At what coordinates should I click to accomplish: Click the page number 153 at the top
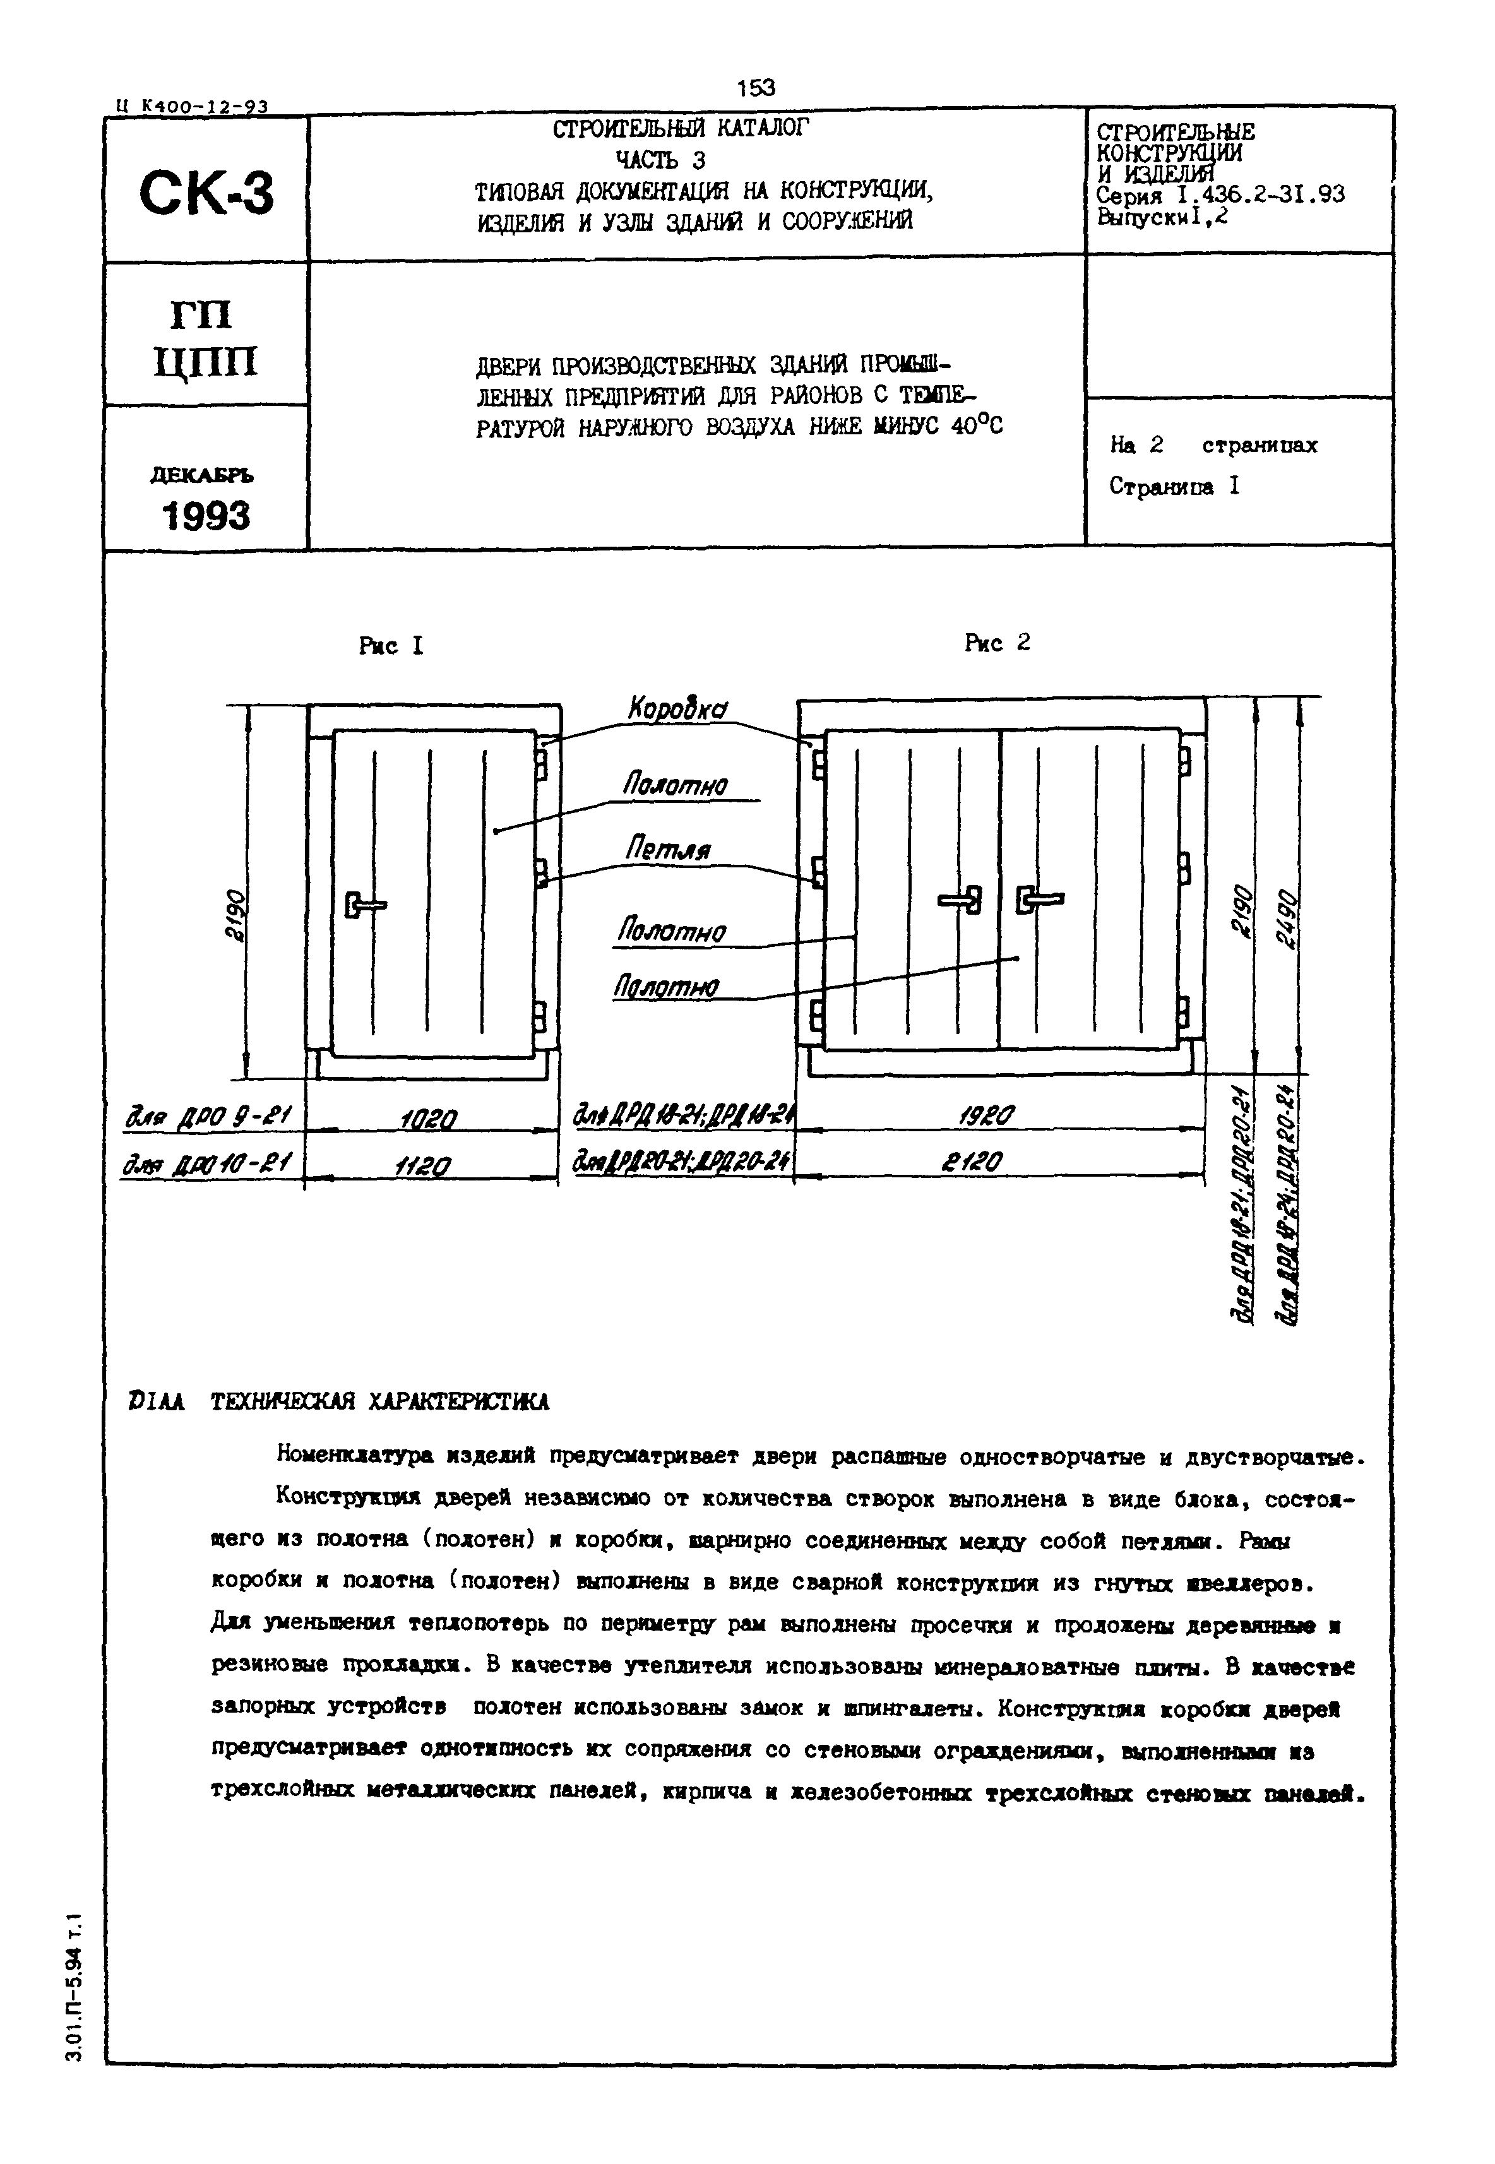click(x=756, y=87)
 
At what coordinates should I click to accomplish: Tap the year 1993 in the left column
click(x=206, y=516)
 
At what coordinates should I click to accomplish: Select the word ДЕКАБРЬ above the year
click(x=202, y=476)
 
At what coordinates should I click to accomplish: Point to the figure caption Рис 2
click(x=997, y=643)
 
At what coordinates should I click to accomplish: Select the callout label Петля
click(x=667, y=850)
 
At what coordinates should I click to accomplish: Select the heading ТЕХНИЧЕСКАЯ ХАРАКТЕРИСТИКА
click(x=379, y=1402)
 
